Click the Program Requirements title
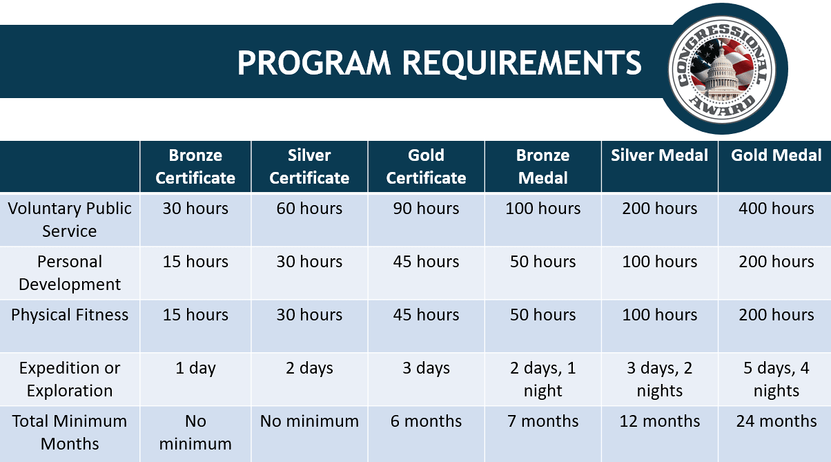(x=440, y=63)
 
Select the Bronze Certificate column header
(x=195, y=166)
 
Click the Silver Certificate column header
(x=309, y=166)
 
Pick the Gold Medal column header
(x=776, y=155)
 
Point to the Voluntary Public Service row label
(x=70, y=220)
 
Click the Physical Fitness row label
(x=70, y=315)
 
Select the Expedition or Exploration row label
(x=70, y=379)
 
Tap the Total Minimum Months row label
(x=70, y=432)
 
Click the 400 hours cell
(x=776, y=209)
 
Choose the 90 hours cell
(x=426, y=209)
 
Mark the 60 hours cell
(x=309, y=209)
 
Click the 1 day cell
(x=195, y=369)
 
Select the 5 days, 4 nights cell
(x=776, y=379)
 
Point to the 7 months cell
(x=542, y=421)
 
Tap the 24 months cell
(x=776, y=421)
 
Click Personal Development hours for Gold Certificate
(x=426, y=262)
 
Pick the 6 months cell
(x=426, y=421)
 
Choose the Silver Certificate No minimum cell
(x=309, y=421)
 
